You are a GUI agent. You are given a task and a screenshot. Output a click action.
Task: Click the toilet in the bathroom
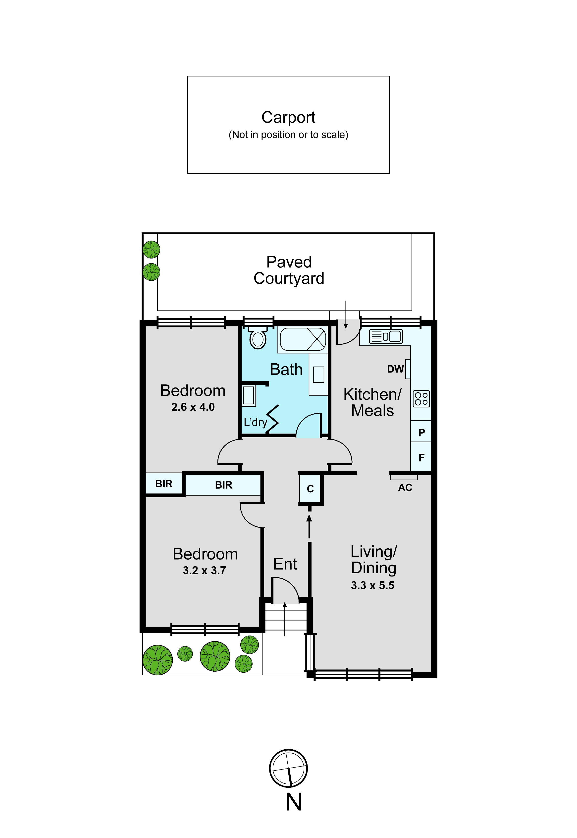pyautogui.click(x=258, y=338)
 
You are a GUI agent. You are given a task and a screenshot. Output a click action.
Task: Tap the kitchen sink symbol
pyautogui.click(x=385, y=336)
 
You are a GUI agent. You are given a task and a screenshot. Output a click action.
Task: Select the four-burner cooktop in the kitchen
pyautogui.click(x=421, y=399)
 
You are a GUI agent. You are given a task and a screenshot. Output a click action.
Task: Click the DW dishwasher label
pyautogui.click(x=395, y=369)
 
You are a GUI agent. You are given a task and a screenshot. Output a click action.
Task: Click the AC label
pyautogui.click(x=405, y=487)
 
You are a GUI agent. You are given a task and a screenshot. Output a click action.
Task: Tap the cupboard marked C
pyautogui.click(x=310, y=488)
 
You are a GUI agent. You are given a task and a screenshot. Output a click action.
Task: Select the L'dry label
pyautogui.click(x=255, y=422)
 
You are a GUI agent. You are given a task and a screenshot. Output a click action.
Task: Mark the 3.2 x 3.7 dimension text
pyautogui.click(x=204, y=571)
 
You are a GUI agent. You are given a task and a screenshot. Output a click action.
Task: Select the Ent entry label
pyautogui.click(x=285, y=564)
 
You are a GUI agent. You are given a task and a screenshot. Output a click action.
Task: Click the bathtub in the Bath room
pyautogui.click(x=303, y=339)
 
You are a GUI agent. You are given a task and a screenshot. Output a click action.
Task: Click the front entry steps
pyautogui.click(x=286, y=619)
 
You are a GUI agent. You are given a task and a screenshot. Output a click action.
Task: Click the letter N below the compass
pyautogui.click(x=294, y=802)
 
